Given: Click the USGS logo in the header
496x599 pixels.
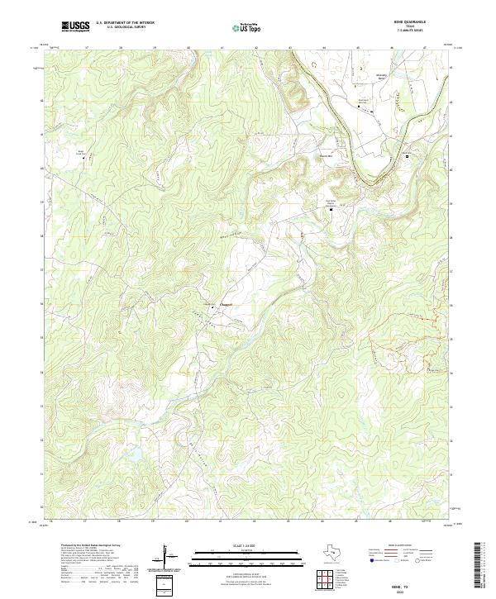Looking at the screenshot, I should coord(76,27).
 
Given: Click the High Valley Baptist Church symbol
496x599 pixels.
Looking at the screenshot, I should coord(331,210).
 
